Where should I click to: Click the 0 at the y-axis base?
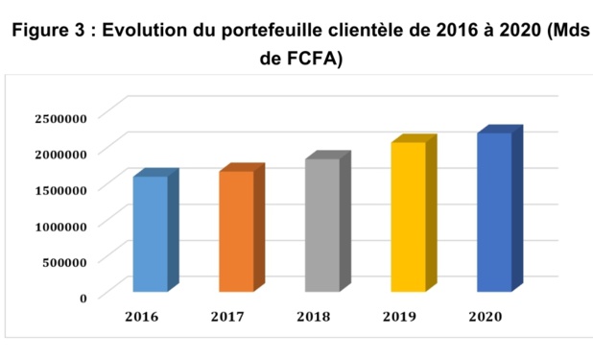[x=83, y=297]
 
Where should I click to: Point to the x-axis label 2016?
[x=142, y=316]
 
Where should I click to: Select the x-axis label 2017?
[x=228, y=316]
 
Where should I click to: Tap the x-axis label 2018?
[x=315, y=316]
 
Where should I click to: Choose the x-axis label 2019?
[x=400, y=316]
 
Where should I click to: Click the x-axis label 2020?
[x=486, y=316]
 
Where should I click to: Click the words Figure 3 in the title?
[x=48, y=31]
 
